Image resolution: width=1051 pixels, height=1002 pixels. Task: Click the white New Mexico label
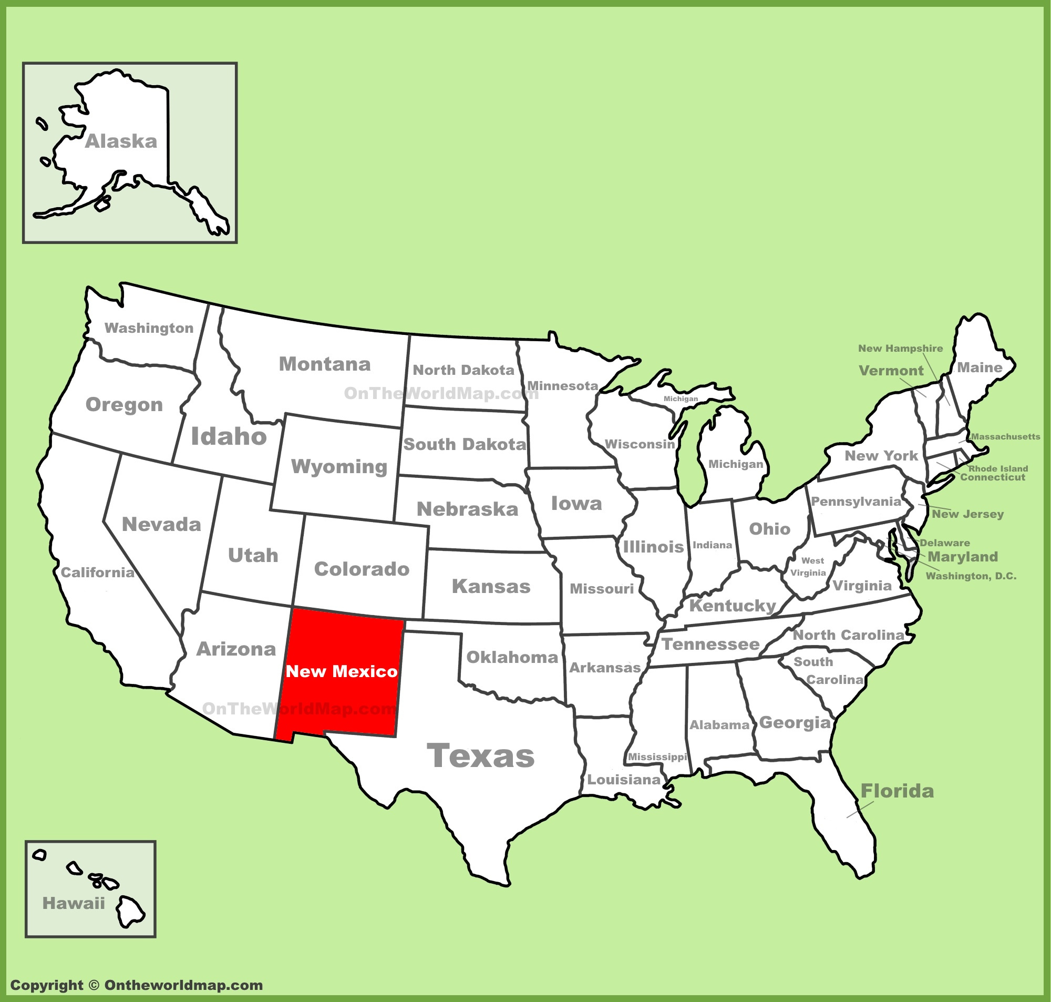tap(342, 671)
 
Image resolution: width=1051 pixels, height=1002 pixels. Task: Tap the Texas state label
tap(480, 756)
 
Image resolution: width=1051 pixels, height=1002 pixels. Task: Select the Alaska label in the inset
tap(121, 141)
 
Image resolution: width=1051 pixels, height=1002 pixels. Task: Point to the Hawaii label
tap(74, 903)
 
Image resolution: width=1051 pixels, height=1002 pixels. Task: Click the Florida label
tap(897, 791)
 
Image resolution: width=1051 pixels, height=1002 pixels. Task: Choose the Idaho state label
tap(229, 436)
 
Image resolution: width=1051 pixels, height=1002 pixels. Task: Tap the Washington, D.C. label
tap(971, 576)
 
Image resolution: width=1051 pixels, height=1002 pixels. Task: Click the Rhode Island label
tap(998, 468)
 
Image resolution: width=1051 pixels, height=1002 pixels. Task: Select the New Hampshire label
tap(901, 348)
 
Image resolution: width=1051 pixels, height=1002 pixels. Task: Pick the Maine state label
tap(980, 367)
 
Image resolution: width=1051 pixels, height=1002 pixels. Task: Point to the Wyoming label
tap(339, 466)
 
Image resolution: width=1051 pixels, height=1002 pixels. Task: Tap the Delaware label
tap(945, 543)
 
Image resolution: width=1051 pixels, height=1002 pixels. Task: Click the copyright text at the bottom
tap(137, 986)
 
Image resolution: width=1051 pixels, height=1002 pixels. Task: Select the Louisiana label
tap(624, 780)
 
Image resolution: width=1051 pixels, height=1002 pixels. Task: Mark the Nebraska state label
tap(467, 509)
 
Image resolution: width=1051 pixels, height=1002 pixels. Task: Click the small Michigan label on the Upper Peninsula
tap(681, 398)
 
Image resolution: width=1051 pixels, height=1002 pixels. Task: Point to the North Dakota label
tap(463, 370)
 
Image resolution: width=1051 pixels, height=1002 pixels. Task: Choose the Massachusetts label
tap(1006, 436)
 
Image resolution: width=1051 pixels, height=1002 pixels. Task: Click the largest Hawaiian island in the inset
tap(130, 912)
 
